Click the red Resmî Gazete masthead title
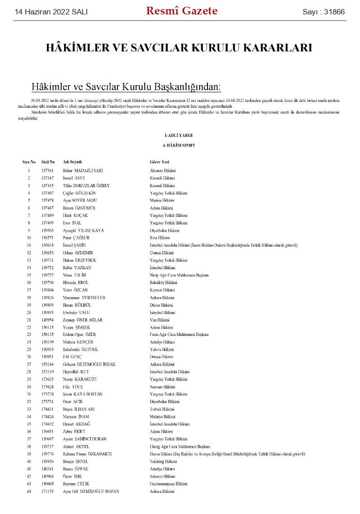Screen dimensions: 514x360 182,11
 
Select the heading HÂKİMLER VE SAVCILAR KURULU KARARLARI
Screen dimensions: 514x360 179,48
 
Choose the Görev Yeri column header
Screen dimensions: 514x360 159,162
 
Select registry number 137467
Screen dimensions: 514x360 47,193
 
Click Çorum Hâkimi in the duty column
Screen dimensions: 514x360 162,252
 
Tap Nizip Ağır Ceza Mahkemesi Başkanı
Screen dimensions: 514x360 176,275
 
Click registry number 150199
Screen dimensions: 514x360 47,342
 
